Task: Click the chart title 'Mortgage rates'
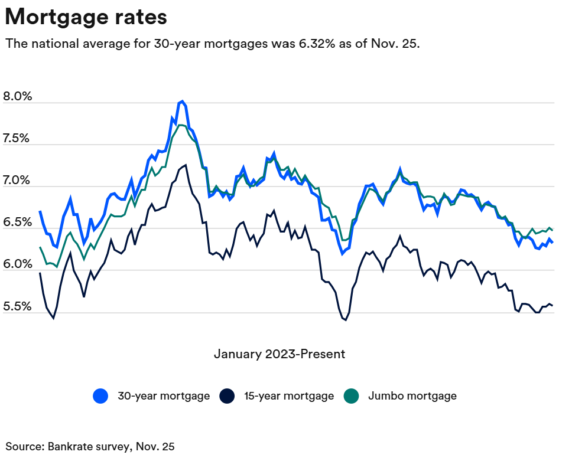tap(86, 17)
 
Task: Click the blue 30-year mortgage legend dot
tap(101, 396)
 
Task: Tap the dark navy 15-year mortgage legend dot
tap(227, 396)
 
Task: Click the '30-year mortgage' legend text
tap(163, 396)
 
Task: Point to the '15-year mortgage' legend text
tap(289, 396)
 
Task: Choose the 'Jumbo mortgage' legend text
tap(412, 396)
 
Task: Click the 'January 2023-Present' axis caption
tap(279, 354)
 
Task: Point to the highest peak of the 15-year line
tap(186, 165)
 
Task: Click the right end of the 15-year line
tap(552, 305)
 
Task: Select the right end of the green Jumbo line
tap(552, 230)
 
